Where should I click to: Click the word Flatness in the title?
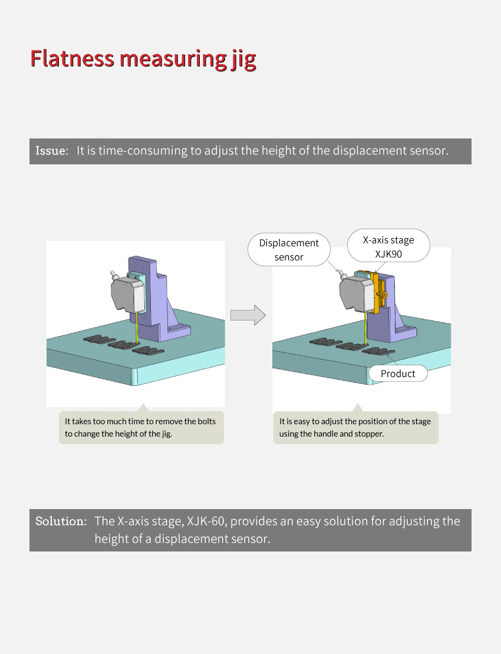pyautogui.click(x=72, y=58)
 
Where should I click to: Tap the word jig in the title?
pyautogui.click(x=243, y=60)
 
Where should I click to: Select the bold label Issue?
pyautogui.click(x=52, y=151)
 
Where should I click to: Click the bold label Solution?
pyautogui.click(x=61, y=521)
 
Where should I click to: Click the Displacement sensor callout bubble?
pyautogui.click(x=289, y=249)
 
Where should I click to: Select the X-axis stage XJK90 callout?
pyautogui.click(x=388, y=246)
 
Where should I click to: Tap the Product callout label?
pyautogui.click(x=398, y=374)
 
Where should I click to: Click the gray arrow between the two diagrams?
pyautogui.click(x=248, y=315)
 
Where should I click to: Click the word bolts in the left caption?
pyautogui.click(x=206, y=421)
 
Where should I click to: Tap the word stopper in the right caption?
pyautogui.click(x=369, y=434)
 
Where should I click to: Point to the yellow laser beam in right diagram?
pyautogui.click(x=366, y=329)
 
